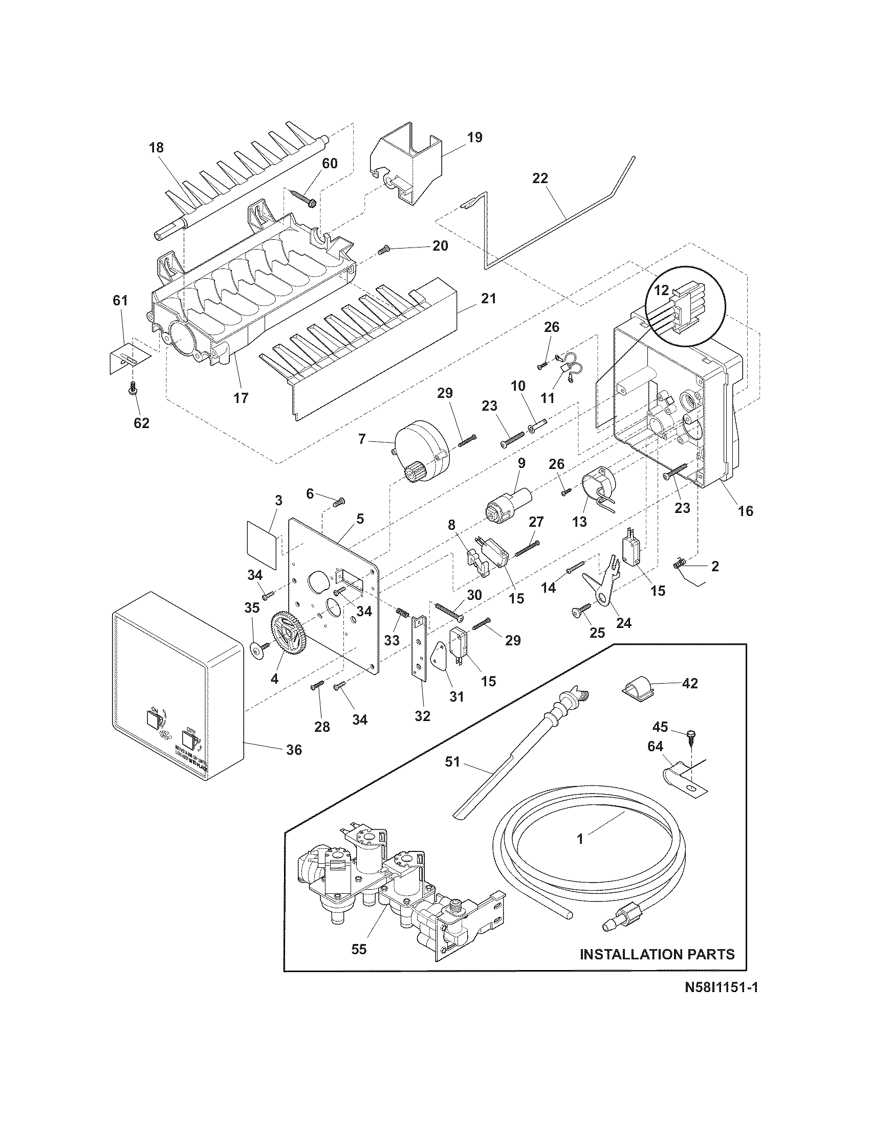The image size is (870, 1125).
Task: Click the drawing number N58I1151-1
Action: point(721,1002)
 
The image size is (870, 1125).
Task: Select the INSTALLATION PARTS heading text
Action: point(657,954)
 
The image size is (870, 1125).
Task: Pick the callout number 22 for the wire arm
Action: point(540,179)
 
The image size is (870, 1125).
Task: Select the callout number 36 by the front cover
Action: point(294,750)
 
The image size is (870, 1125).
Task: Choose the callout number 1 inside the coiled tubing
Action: point(580,839)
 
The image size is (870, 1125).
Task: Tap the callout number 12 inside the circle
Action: point(661,290)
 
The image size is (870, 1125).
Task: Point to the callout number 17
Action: point(241,398)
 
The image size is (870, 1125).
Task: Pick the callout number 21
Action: point(488,298)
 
